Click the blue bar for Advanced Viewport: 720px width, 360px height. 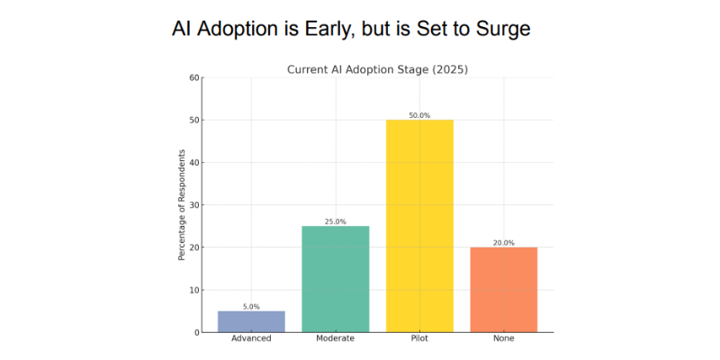(251, 321)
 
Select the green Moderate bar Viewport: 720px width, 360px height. (335, 279)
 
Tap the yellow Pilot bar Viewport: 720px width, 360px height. (419, 226)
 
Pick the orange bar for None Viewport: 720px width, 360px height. (504, 290)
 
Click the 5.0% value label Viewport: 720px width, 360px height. (251, 307)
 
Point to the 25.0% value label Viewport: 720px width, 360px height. (335, 221)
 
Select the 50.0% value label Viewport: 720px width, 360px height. (419, 116)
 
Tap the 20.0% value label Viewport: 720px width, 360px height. (504, 243)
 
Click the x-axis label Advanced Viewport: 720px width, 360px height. (251, 339)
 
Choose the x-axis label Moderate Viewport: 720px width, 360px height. (335, 339)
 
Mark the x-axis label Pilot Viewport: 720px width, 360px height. (419, 339)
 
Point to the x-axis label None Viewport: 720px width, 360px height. (504, 339)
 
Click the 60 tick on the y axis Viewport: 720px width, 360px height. (193, 77)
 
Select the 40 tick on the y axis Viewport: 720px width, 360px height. (193, 163)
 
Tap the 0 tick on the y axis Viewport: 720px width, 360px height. (196, 332)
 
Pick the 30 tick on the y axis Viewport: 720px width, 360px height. (193, 205)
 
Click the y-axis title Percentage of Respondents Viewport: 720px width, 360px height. (182, 205)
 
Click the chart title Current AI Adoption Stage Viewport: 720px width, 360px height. (359, 70)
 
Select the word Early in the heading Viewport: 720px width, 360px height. (328, 30)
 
